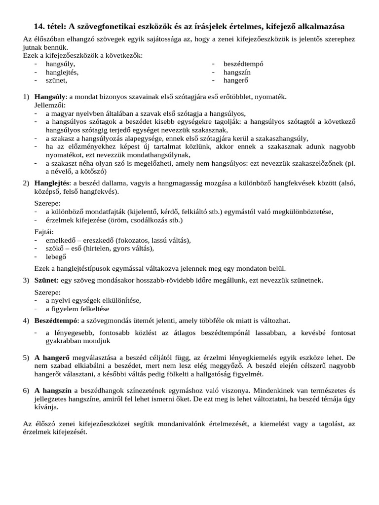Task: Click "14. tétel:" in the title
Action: coord(49,26)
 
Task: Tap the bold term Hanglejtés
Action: coord(52,183)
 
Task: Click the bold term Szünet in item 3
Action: coord(46,280)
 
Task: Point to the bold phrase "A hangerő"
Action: coord(52,358)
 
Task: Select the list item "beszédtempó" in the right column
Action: coord(243,64)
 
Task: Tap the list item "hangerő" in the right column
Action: coord(237,79)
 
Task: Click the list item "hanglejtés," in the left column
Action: coord(62,72)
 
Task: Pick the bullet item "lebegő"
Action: coord(56,256)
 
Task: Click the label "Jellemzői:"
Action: coord(49,105)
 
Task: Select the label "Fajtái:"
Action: coord(44,232)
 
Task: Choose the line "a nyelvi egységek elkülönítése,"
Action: coord(93,300)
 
